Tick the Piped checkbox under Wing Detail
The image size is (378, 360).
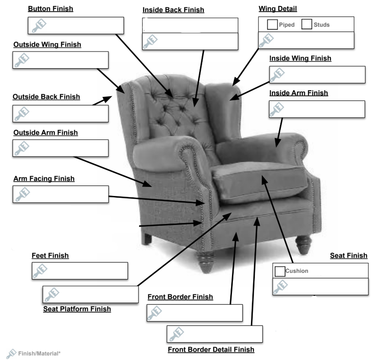tap(272, 25)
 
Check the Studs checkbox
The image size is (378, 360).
tap(307, 25)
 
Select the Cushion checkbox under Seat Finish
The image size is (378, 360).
tap(280, 271)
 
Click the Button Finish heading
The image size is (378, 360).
tap(51, 9)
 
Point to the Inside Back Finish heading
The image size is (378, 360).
tap(173, 10)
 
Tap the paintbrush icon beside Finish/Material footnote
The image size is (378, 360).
tap(12, 354)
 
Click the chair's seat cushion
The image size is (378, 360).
tap(259, 181)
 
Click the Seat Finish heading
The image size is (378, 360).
tap(349, 256)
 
